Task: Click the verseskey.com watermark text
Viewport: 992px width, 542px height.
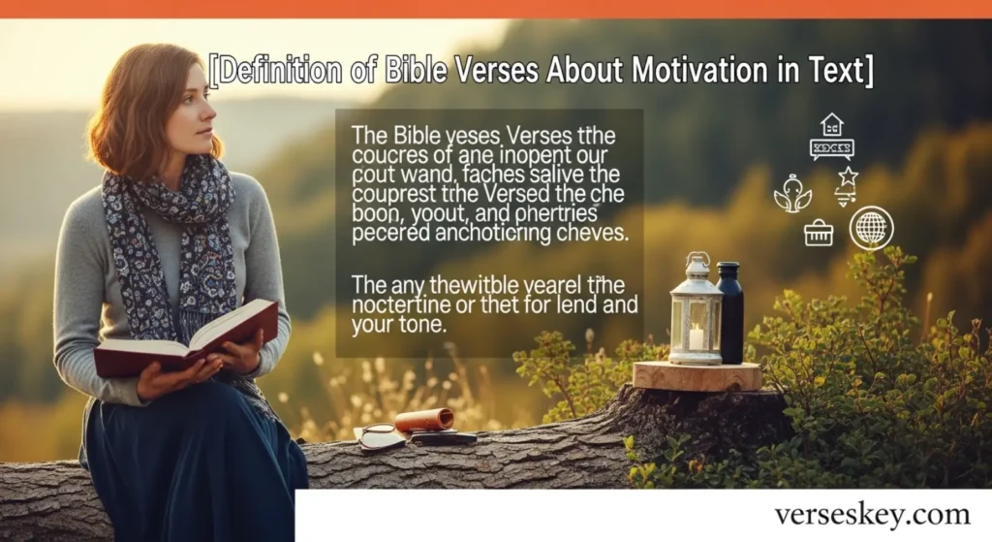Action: pos(871,514)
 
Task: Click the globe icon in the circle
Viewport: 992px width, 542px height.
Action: pos(871,229)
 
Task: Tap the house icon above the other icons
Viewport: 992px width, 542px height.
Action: pos(831,124)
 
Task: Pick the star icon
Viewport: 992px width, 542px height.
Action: pos(848,176)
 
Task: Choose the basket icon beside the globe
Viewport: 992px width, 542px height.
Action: pos(819,232)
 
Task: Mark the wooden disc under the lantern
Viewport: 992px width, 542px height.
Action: pos(697,375)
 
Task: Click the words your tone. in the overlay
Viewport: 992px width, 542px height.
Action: pos(395,327)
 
